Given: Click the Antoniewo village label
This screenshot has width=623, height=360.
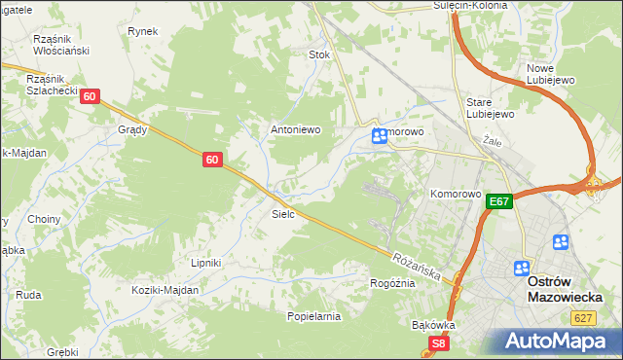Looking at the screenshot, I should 295,129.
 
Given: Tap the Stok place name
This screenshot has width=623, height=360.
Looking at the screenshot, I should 319,54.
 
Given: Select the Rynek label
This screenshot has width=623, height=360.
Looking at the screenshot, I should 142,31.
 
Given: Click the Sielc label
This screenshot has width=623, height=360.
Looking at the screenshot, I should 283,212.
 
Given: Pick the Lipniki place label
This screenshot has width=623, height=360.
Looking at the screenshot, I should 206,263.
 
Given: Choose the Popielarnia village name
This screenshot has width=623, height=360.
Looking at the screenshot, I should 313,316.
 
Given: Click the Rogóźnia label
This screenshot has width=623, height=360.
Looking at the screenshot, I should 392,283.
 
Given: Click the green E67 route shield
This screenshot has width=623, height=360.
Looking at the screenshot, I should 499,201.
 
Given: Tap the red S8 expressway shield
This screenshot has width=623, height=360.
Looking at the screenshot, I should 439,343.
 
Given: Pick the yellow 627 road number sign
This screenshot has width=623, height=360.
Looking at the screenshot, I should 583,317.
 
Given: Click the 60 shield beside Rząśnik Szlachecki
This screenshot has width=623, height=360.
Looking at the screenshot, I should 90,96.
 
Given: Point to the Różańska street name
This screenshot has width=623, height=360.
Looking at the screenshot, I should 419,266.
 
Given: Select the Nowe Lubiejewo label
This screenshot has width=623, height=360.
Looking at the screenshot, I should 553,74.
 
